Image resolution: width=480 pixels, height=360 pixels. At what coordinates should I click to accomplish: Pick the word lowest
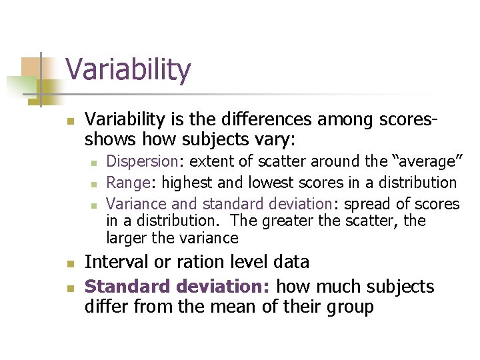(274, 183)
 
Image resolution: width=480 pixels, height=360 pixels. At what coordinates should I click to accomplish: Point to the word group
(347, 308)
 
